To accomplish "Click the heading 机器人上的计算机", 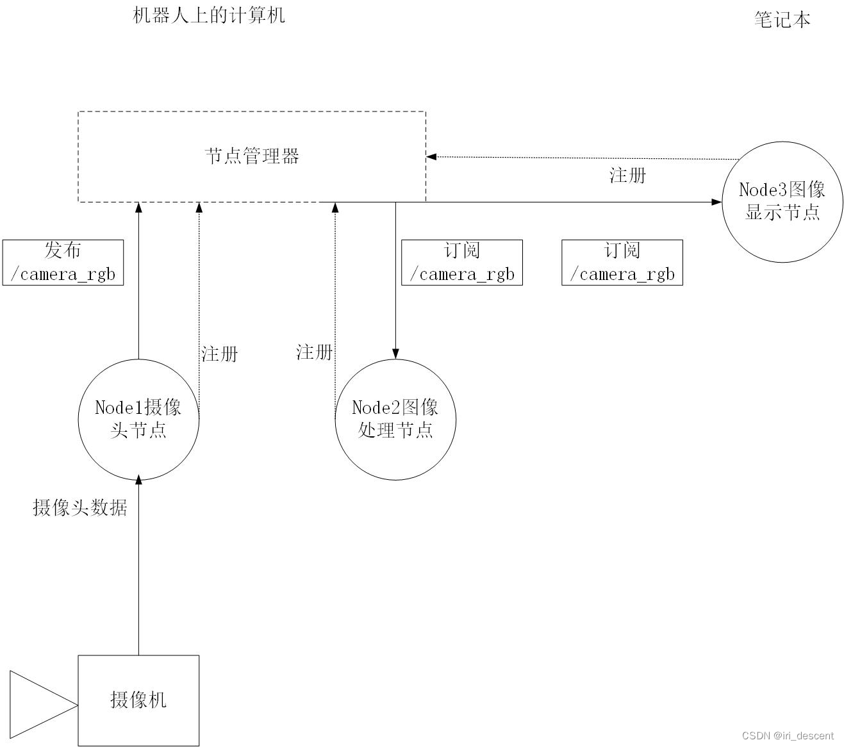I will tap(208, 15).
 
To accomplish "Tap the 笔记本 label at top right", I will tap(782, 20).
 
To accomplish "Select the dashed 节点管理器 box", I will tap(252, 156).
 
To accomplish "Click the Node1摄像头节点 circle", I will tap(138, 419).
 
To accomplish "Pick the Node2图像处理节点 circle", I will tap(395, 419).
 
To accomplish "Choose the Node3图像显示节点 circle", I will tap(782, 201).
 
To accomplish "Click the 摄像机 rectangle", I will tap(138, 700).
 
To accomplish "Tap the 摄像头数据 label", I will tap(80, 508).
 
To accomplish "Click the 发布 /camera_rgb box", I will tap(63, 263).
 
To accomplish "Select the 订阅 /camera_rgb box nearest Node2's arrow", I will tap(461, 263).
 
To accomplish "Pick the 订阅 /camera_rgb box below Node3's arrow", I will tap(622, 263).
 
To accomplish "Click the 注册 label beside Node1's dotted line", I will tap(220, 354).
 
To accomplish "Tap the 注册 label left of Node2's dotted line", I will tap(314, 352).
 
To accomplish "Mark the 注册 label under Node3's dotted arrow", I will tap(627, 176).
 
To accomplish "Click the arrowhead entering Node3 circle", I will tap(716, 202).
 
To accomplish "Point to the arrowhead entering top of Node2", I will tap(395, 354).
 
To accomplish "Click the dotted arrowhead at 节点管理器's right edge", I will tap(431, 156).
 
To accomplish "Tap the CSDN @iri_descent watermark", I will tap(788, 735).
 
